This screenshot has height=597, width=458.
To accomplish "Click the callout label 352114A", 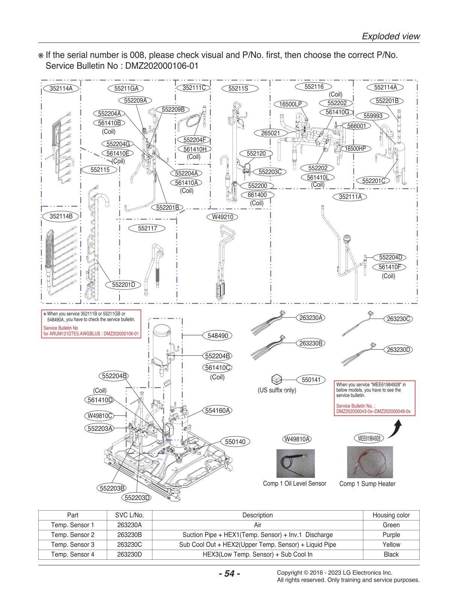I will point(61,89).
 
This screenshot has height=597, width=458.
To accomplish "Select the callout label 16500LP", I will point(290,104).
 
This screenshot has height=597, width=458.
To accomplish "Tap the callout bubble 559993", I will point(373,116).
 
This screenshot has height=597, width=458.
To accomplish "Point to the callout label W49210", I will point(222,217).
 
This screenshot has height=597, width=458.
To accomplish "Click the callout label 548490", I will point(218,336).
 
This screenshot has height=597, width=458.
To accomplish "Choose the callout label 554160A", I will point(217,411).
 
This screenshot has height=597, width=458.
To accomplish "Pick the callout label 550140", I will point(235,442).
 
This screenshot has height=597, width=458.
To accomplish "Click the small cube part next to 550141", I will point(277,379).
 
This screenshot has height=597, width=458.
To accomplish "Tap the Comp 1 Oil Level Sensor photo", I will point(295,464).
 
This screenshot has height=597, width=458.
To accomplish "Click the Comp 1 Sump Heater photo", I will point(370,462).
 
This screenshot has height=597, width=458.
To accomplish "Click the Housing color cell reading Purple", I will point(391,535).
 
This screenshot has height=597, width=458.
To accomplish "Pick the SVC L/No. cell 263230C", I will point(129,544).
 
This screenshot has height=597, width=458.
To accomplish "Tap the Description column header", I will point(257,515).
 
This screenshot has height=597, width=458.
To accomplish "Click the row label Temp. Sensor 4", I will point(73,554).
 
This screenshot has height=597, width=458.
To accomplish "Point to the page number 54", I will point(229,573).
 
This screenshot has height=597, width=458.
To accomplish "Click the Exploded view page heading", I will point(391,36).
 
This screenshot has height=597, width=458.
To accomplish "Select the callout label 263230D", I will point(399,350).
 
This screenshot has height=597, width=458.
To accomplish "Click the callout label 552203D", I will point(137,498).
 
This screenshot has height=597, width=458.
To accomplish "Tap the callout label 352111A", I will point(350,197).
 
